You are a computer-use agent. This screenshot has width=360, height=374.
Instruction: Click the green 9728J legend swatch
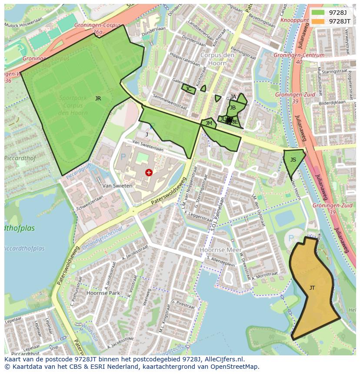click(x=318, y=13)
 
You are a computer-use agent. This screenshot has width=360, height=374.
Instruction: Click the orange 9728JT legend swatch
click(x=318, y=21)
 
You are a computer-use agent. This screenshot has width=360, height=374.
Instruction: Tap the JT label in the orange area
click(x=312, y=288)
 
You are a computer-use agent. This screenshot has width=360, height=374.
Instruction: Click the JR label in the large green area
click(x=98, y=99)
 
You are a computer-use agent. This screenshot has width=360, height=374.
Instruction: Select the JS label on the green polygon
click(x=293, y=160)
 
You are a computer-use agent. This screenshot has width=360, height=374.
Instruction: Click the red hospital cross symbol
click(x=149, y=172)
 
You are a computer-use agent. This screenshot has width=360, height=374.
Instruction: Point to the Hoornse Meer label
click(x=218, y=250)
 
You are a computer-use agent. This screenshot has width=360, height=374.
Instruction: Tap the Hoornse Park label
click(x=103, y=293)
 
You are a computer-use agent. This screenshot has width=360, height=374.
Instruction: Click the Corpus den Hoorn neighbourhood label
click(x=213, y=59)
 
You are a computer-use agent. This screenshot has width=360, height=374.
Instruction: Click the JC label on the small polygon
click(x=188, y=89)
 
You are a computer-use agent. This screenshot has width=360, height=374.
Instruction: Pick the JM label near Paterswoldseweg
click(x=209, y=123)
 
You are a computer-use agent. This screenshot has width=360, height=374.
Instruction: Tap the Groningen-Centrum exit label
click(x=299, y=55)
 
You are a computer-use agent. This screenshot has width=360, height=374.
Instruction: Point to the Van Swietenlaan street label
click(x=148, y=145)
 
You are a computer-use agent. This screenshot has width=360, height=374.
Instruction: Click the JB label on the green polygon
click(x=233, y=108)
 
